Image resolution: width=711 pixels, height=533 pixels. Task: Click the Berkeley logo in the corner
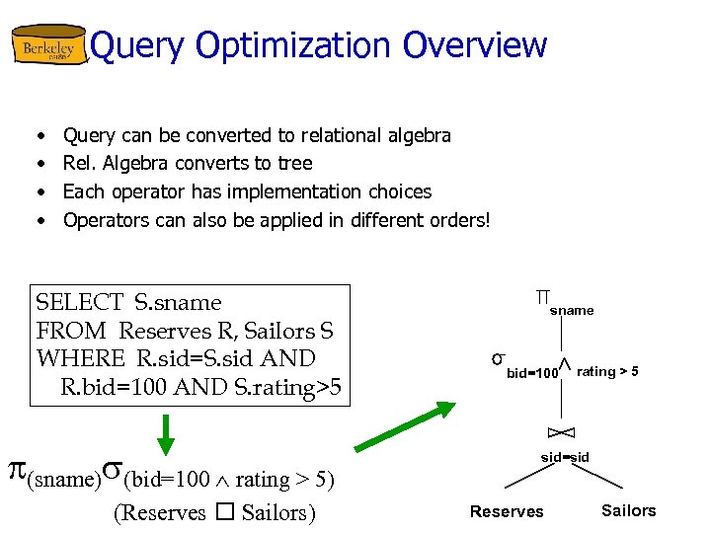(48, 46)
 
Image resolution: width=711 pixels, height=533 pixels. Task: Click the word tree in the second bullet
(294, 163)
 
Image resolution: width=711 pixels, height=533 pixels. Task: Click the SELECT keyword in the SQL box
(78, 303)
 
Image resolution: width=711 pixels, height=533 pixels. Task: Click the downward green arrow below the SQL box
(166, 434)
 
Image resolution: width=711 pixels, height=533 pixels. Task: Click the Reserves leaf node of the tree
(507, 511)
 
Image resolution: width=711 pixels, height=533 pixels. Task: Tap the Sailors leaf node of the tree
(628, 510)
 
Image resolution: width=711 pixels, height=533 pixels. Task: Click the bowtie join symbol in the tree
(561, 432)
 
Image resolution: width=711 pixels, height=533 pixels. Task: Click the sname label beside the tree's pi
(572, 311)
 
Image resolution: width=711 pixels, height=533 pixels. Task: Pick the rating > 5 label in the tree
(606, 372)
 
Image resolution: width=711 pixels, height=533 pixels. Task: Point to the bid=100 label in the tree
(532, 373)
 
